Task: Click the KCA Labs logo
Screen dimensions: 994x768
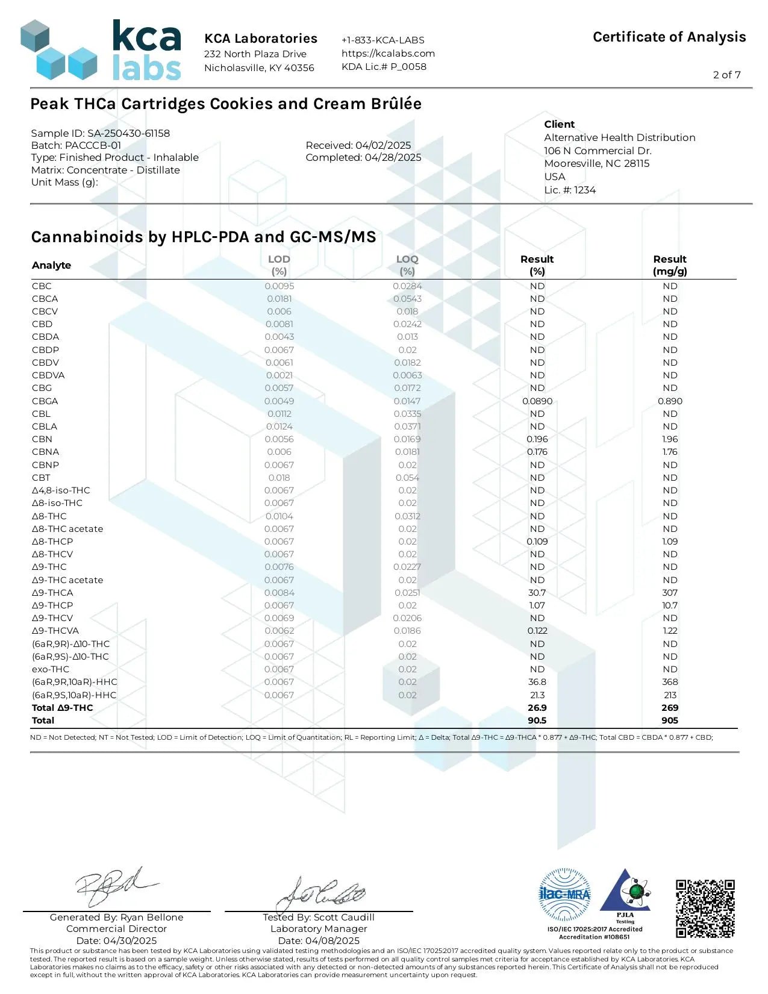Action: tap(101, 51)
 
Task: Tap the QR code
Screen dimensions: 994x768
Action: tap(705, 908)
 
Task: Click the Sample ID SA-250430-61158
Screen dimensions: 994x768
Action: tap(101, 133)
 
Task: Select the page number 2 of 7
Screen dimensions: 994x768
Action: tap(726, 75)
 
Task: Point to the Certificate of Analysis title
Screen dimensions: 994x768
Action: tap(669, 37)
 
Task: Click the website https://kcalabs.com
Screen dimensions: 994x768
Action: tap(388, 53)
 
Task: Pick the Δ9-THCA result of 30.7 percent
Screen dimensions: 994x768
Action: tap(537, 593)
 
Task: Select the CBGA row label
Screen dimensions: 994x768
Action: tap(45, 401)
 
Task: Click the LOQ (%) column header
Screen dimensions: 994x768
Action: tap(407, 265)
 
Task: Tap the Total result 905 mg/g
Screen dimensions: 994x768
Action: tap(670, 720)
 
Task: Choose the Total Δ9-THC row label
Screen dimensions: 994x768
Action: tap(63, 708)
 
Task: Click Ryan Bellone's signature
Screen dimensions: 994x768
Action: tap(114, 887)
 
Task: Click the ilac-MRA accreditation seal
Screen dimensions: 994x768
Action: tap(564, 894)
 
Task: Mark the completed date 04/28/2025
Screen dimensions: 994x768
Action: tap(363, 158)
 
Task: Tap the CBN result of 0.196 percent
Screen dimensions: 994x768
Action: tap(537, 439)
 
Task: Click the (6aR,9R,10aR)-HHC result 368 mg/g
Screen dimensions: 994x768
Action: tap(670, 682)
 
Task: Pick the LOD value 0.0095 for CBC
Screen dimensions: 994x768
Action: tap(279, 286)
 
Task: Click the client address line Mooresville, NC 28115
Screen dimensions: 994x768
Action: tap(596, 164)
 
